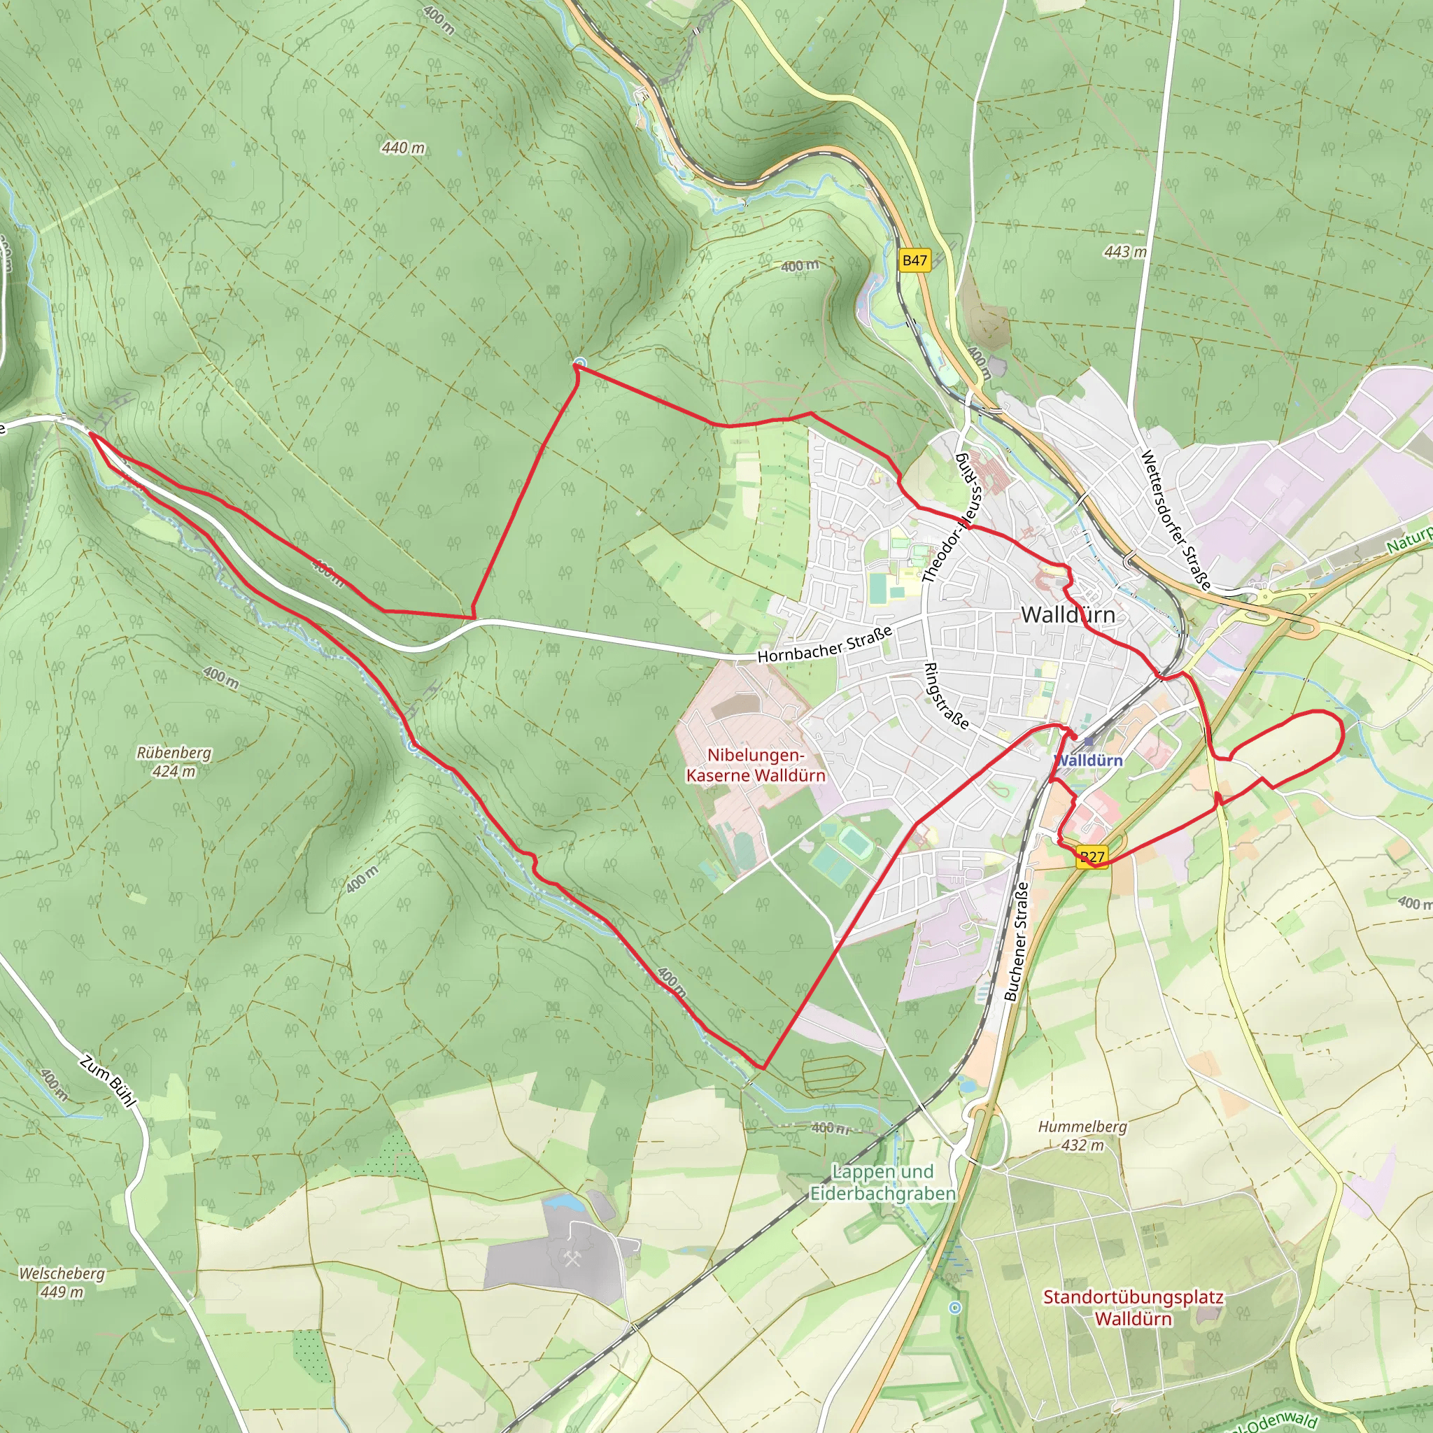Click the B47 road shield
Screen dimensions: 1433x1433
click(915, 260)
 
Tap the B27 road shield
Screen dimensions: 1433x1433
click(1092, 857)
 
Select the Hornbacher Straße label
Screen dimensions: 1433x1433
click(824, 645)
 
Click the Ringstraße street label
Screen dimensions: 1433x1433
click(946, 696)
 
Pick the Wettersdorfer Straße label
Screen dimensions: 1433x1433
click(1175, 519)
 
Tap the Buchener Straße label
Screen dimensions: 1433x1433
click(1016, 940)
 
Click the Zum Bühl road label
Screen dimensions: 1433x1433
click(108, 1082)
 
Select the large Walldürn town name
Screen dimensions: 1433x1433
click(1067, 615)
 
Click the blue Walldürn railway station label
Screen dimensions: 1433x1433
click(1089, 761)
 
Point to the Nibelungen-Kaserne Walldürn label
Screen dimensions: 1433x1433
click(755, 765)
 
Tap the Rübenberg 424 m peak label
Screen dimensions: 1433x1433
click(174, 762)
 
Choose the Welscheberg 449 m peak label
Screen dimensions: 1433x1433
click(62, 1283)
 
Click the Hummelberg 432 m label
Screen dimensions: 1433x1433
click(1082, 1136)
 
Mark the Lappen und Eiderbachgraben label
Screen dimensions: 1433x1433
click(882, 1183)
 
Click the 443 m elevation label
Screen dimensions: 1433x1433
click(1124, 252)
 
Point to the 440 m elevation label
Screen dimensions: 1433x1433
click(404, 148)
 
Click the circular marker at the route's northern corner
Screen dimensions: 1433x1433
click(579, 362)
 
